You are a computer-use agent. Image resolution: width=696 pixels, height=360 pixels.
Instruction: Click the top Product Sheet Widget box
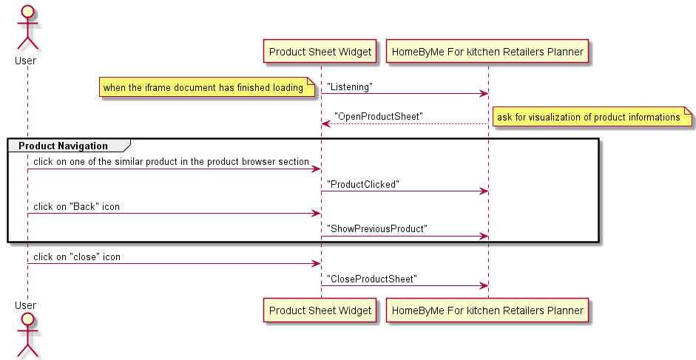point(320,52)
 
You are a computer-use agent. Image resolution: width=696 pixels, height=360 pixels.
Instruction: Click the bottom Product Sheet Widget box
point(320,310)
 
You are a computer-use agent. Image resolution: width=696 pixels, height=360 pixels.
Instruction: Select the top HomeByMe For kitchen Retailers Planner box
point(487,52)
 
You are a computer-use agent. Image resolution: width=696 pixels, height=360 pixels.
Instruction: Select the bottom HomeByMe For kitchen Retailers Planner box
point(487,310)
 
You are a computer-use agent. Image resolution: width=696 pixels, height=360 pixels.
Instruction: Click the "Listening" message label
point(350,86)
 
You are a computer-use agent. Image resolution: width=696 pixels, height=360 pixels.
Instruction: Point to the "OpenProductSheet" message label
point(378,116)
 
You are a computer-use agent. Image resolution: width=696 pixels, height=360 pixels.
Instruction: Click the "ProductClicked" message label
point(363,184)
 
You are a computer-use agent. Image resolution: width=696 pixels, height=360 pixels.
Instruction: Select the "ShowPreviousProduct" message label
point(377,229)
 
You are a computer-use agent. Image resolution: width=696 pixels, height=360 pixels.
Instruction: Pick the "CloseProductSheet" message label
point(372,279)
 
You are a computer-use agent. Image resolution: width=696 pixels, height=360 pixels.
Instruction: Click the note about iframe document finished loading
point(203,88)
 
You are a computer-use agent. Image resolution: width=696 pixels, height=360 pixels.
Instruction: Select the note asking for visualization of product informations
point(589,117)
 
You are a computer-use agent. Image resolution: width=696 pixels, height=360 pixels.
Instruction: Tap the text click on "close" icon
point(77,257)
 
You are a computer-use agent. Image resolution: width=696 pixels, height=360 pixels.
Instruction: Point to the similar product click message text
point(171,161)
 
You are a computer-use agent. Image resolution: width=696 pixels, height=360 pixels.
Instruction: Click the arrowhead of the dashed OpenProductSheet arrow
point(325,123)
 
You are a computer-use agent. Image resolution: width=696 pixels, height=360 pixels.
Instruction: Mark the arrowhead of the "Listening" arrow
point(484,93)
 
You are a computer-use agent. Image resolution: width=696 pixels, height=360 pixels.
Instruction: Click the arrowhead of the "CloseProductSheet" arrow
point(484,285)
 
